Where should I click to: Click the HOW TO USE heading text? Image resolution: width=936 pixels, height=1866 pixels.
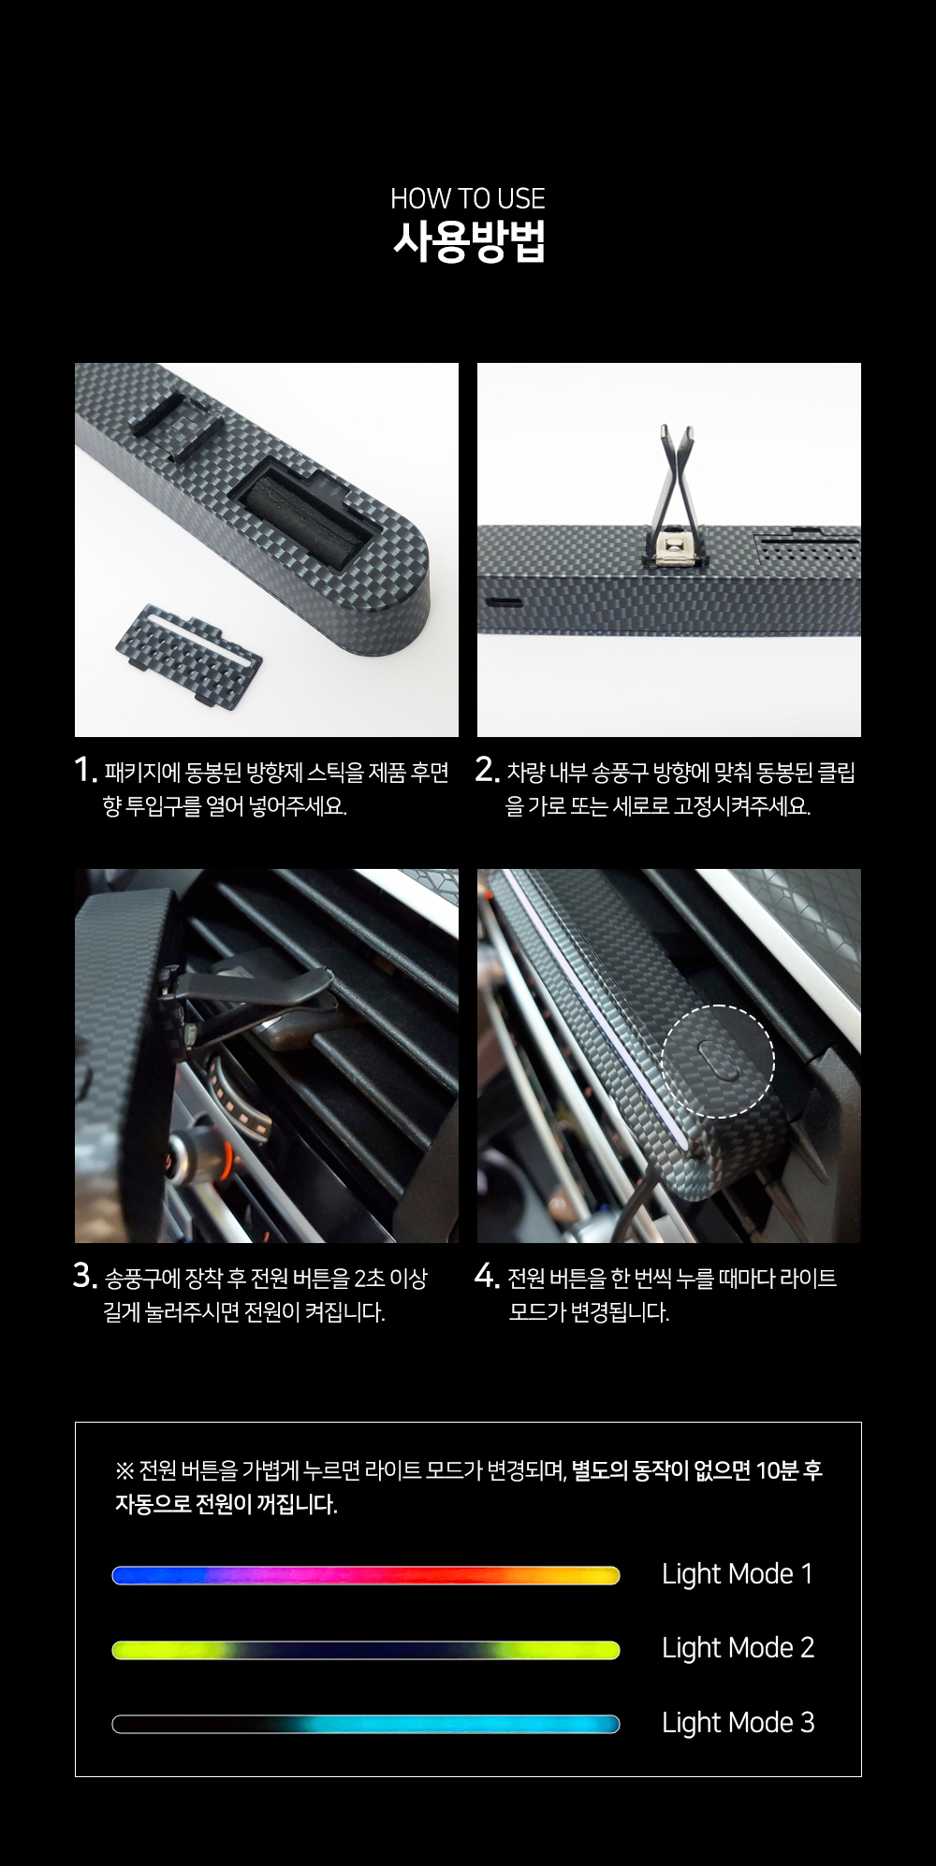click(x=467, y=198)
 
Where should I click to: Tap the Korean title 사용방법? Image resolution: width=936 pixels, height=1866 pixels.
click(x=468, y=241)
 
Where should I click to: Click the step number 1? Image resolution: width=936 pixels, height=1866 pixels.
click(x=84, y=770)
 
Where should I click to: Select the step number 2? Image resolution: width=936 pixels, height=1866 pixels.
click(x=487, y=770)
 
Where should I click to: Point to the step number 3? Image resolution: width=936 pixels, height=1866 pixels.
click(x=84, y=1276)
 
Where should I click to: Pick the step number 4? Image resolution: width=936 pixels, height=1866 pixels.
click(x=487, y=1276)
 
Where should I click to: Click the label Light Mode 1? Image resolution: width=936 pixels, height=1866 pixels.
click(x=738, y=1574)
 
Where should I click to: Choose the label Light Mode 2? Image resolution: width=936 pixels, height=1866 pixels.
click(x=738, y=1648)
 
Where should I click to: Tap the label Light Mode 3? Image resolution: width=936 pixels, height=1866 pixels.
click(x=738, y=1723)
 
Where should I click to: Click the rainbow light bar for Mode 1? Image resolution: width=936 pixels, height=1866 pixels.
click(x=366, y=1576)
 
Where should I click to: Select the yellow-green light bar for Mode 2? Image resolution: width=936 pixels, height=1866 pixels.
click(x=366, y=1650)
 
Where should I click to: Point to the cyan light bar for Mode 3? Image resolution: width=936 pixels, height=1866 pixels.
click(x=366, y=1724)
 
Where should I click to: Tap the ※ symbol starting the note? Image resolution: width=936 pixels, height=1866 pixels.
click(x=124, y=1471)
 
